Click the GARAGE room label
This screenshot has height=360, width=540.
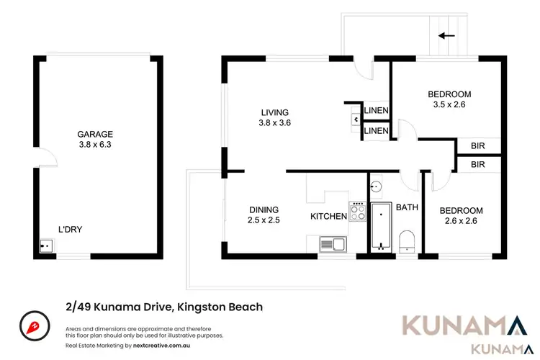[95, 134]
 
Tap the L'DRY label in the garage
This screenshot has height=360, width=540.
[70, 230]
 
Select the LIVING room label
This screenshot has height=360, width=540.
[274, 112]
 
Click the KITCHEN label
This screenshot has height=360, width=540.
[328, 216]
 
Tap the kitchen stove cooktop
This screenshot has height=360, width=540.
[358, 212]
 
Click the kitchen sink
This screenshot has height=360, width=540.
[333, 244]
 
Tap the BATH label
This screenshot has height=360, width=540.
[407, 207]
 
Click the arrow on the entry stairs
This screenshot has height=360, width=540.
[446, 34]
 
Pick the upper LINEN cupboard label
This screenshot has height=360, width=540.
[377, 111]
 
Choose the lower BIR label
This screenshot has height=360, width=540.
[477, 165]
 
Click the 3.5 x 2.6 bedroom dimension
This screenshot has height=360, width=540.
[449, 104]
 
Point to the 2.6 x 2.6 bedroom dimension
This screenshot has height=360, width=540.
[461, 221]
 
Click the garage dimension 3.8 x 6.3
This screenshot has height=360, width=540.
[95, 145]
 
